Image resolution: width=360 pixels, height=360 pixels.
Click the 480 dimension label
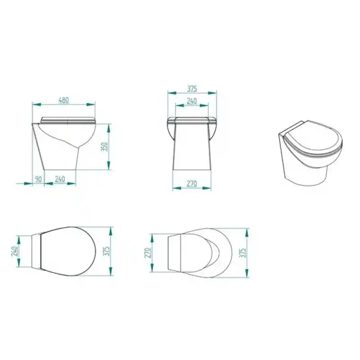(x=63, y=100)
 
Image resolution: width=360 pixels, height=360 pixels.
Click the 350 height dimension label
(x=104, y=147)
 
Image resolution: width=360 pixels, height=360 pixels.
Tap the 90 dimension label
(x=38, y=179)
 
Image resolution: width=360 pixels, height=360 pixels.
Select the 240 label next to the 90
(x=60, y=179)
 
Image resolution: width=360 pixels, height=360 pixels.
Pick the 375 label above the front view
(x=192, y=89)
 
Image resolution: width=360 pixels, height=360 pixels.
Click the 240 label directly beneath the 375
(x=192, y=101)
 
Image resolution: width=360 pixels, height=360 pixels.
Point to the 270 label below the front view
(x=192, y=184)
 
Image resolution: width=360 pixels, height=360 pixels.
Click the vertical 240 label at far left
(x=14, y=251)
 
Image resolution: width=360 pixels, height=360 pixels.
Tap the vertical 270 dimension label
(x=148, y=253)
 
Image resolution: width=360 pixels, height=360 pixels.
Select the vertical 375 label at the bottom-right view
(x=243, y=252)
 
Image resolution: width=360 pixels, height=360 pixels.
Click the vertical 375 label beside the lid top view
(x=107, y=251)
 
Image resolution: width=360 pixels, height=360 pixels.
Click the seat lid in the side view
(x=68, y=120)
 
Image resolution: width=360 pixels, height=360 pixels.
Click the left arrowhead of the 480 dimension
(x=37, y=104)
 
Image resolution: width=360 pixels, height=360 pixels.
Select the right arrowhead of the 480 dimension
(x=91, y=104)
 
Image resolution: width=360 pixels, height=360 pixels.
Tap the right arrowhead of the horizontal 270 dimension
(x=207, y=188)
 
